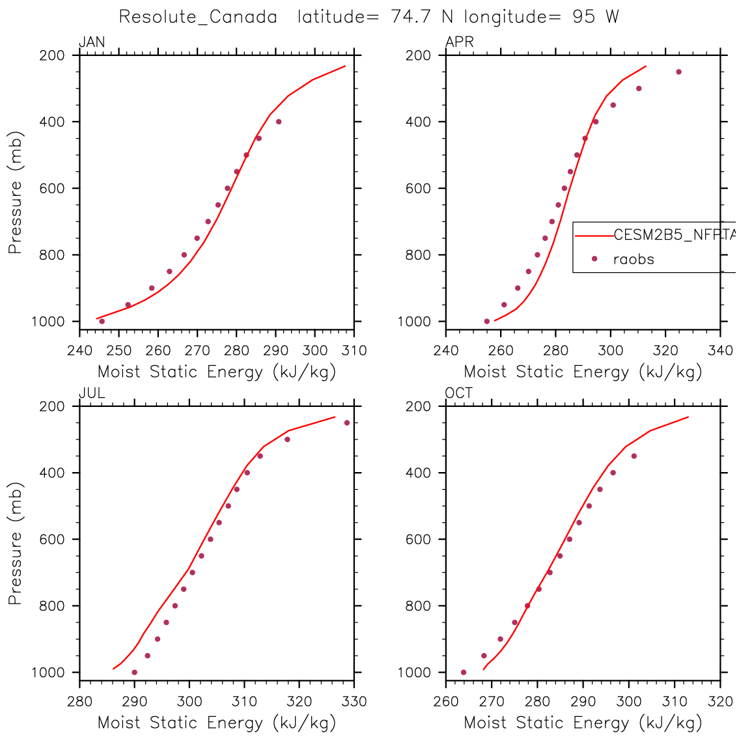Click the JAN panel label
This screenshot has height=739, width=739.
pyautogui.click(x=91, y=42)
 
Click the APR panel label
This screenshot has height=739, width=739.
pyautogui.click(x=459, y=42)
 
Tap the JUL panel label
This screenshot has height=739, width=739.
pyautogui.click(x=91, y=393)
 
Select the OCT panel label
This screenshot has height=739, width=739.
pyautogui.click(x=459, y=393)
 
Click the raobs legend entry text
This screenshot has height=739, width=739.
pyautogui.click(x=633, y=259)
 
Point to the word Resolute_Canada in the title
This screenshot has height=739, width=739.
pyautogui.click(x=198, y=17)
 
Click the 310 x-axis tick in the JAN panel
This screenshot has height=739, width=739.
pyautogui.click(x=354, y=351)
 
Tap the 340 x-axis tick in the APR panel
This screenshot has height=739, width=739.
pyautogui.click(x=721, y=351)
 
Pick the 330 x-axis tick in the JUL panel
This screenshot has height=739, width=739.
pyautogui.click(x=354, y=702)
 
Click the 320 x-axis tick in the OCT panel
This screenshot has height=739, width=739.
pyautogui.click(x=721, y=702)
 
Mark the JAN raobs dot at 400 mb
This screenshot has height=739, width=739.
pyautogui.click(x=279, y=122)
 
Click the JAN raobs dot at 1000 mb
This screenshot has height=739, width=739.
pyautogui.click(x=102, y=321)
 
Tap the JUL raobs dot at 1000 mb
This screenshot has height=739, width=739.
pyautogui.click(x=134, y=672)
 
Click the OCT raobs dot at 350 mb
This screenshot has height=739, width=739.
pyautogui.click(x=634, y=456)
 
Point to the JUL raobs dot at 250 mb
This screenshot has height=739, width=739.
pyautogui.click(x=347, y=423)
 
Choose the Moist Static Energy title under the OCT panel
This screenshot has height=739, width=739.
pyautogui.click(x=583, y=723)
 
